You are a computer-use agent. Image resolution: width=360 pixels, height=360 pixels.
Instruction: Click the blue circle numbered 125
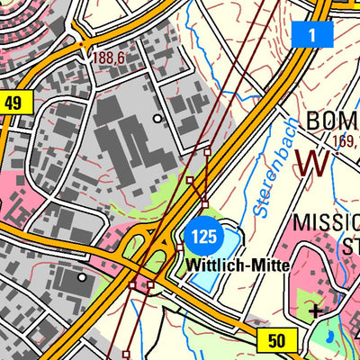tap(203, 237)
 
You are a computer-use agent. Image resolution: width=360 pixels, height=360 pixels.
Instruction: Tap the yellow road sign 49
tap(12, 103)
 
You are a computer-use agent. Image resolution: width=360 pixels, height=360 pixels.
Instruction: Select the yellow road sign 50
tap(275, 339)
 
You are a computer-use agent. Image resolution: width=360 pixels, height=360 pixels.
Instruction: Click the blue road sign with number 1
tap(312, 35)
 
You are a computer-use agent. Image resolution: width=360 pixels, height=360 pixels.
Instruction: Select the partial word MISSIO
tap(327, 223)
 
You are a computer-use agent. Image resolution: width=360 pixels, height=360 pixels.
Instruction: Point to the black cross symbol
tap(316, 311)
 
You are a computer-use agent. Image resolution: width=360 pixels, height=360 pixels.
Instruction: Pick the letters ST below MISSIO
tap(346, 246)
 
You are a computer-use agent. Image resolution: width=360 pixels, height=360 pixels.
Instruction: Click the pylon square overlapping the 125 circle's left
tap(180, 247)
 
